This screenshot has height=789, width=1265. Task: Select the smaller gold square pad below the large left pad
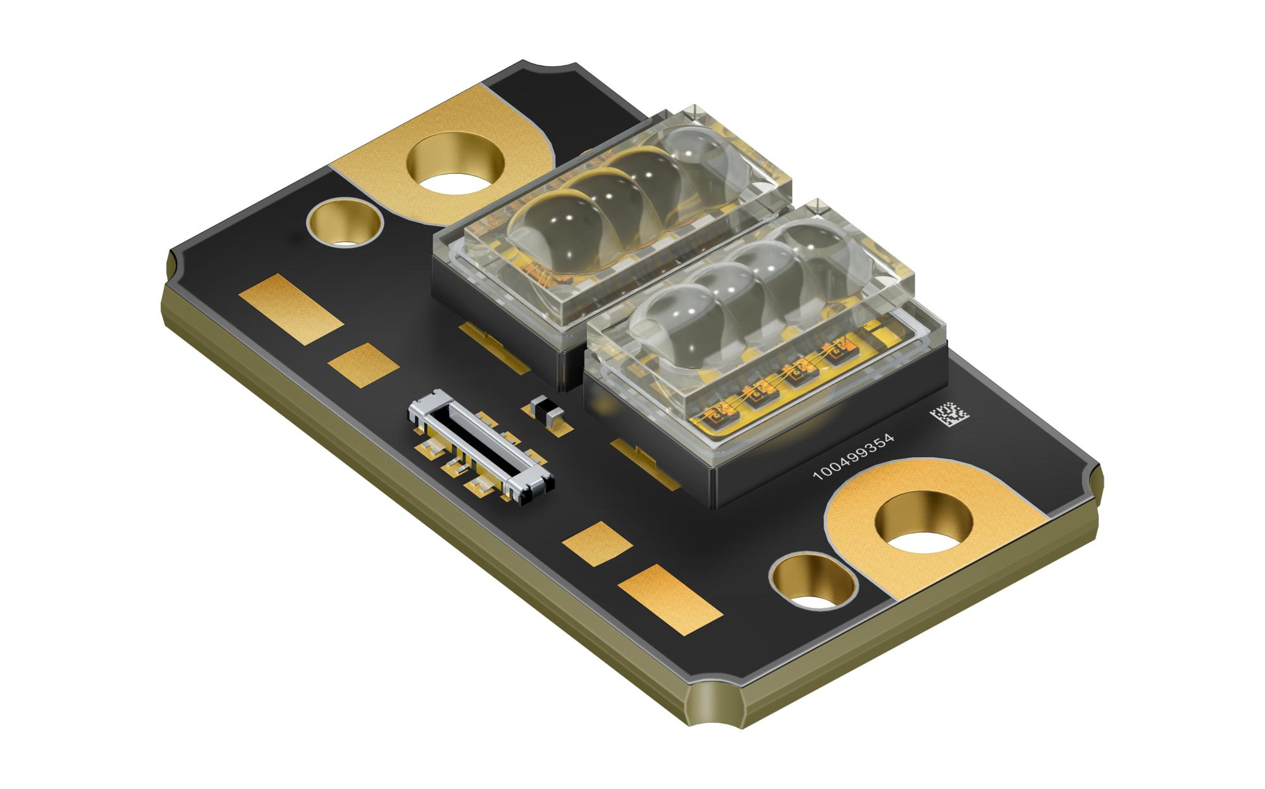[x=364, y=365]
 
